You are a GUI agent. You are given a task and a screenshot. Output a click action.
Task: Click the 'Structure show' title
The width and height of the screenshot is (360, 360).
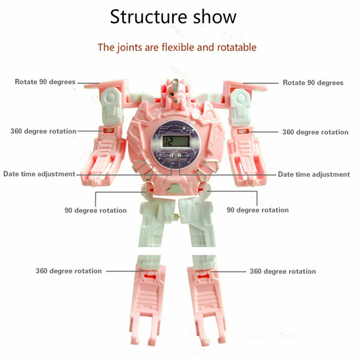[173, 17]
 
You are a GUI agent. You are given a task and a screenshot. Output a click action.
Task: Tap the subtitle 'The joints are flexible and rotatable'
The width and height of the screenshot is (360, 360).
[177, 47]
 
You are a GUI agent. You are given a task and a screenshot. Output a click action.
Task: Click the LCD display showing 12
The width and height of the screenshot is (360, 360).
[176, 141]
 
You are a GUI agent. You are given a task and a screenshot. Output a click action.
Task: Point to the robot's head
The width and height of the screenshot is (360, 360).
[175, 91]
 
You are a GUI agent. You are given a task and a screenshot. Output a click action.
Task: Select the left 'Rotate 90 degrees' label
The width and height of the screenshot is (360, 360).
[45, 82]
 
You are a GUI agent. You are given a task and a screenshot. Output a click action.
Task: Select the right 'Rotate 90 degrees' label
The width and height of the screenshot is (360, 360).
[313, 83]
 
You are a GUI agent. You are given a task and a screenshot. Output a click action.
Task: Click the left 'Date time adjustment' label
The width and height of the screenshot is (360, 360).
[39, 174]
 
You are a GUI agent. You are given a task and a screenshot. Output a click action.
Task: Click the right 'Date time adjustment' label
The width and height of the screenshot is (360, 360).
[314, 174]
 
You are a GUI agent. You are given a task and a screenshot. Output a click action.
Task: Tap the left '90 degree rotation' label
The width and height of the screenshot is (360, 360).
[95, 210]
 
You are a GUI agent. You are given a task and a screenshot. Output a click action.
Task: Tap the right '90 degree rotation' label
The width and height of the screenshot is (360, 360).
[257, 210]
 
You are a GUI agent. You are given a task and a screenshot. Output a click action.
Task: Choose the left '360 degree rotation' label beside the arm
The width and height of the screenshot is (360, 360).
[43, 131]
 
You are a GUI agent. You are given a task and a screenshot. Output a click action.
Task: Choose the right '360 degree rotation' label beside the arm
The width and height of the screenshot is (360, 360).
[315, 132]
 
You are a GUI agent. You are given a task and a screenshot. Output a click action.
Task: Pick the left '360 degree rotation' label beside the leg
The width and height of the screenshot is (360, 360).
[69, 271]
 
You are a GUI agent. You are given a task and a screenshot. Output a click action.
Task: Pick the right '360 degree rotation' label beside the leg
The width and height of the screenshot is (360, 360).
[283, 271]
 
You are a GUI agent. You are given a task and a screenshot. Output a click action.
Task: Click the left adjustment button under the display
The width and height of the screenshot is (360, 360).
[171, 156]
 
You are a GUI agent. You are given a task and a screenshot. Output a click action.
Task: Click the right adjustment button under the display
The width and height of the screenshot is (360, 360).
[180, 156]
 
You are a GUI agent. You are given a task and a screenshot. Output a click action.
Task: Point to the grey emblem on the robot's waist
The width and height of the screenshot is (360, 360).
[176, 189]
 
